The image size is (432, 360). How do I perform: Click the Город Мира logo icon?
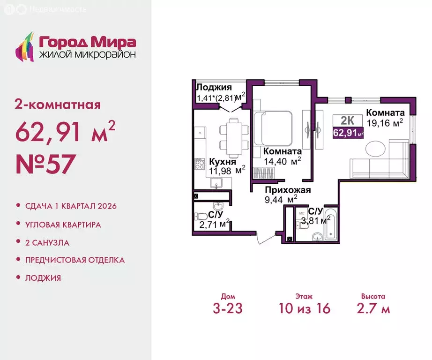click(x=25, y=46)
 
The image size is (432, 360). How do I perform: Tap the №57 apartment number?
click(x=45, y=164)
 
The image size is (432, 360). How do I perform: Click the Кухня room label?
click(x=223, y=161)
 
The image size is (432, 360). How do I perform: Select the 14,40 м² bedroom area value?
click(x=283, y=161)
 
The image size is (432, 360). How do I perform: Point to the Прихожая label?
click(x=288, y=190)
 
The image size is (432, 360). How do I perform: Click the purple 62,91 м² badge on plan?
click(x=348, y=133)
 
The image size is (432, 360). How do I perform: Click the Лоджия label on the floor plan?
click(x=214, y=87)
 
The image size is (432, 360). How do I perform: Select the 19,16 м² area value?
click(x=385, y=123)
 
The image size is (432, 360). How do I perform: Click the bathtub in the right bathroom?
click(x=330, y=224)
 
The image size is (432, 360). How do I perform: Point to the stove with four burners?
click(x=200, y=164)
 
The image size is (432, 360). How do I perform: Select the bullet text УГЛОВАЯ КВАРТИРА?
click(x=63, y=225)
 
